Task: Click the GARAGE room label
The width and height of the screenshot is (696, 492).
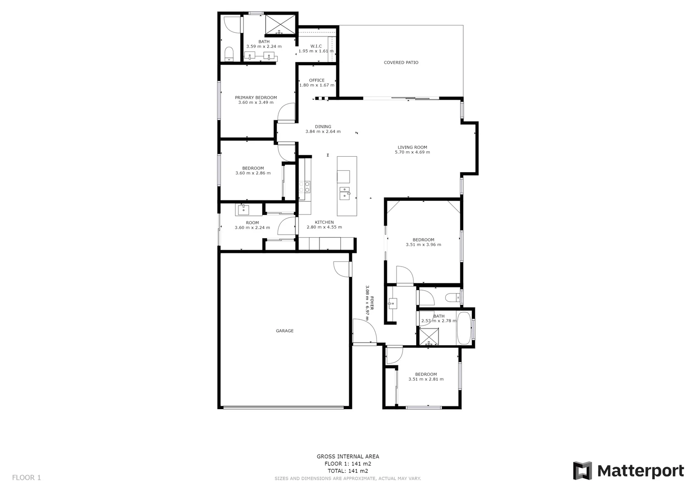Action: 284,331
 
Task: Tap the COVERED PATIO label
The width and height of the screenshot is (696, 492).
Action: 401,62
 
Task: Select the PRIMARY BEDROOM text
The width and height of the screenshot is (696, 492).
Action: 256,97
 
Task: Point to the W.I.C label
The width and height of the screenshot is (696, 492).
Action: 316,46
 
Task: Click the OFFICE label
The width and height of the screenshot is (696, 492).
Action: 317,80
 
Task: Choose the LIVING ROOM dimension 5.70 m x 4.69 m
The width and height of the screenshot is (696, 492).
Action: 412,152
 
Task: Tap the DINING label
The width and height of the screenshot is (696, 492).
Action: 323,127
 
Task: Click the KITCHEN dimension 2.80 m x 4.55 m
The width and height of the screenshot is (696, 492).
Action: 324,227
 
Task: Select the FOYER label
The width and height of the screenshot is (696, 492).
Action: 372,303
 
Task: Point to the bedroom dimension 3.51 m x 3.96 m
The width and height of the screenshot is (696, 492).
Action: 423,245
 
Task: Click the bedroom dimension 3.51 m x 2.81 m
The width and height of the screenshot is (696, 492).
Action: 426,379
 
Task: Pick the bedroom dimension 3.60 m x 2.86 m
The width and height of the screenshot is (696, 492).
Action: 253,173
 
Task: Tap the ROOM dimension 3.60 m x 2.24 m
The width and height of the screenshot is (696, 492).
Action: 252,228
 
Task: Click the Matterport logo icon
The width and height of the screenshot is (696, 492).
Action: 582,471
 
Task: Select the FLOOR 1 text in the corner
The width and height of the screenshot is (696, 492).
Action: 26,477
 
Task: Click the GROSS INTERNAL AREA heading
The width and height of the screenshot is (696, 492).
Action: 348,456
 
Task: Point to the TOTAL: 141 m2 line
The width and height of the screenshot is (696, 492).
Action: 348,471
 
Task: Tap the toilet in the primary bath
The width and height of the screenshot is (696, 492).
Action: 229,53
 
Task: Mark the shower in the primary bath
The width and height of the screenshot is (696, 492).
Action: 279,25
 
